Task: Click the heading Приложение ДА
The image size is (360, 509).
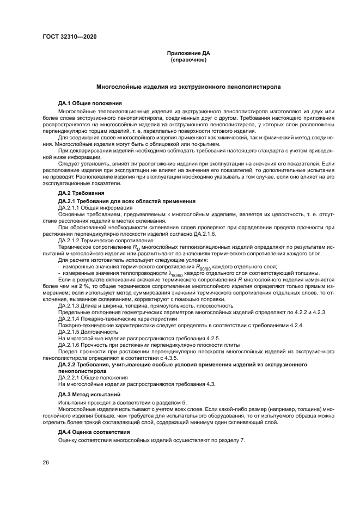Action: (188, 53)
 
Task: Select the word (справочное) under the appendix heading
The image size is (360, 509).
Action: (188, 59)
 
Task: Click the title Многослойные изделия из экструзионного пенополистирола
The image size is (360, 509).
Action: (188, 87)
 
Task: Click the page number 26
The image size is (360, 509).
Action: (46, 463)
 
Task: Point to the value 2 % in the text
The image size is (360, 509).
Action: (89, 286)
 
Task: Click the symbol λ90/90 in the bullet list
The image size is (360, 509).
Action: (176, 273)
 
